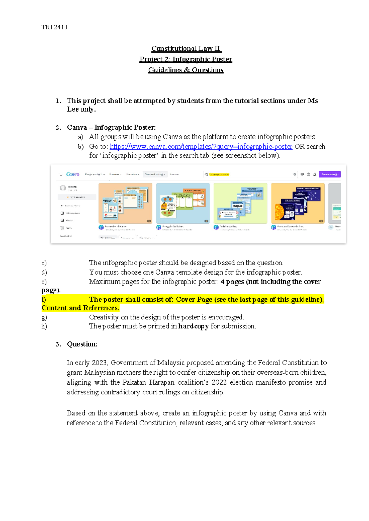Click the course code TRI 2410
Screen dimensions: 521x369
point(54,27)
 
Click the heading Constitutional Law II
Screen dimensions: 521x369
point(186,49)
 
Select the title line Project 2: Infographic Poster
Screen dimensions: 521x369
point(186,59)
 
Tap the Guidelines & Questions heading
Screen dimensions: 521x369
point(186,70)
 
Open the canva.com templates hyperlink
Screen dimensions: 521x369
point(201,147)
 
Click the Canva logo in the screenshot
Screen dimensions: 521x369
point(73,174)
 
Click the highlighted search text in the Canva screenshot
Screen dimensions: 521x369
point(219,174)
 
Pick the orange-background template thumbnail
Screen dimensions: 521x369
point(125,203)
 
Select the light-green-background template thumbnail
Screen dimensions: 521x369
point(240,203)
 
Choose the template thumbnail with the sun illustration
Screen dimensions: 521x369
point(298,203)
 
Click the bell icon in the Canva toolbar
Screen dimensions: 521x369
point(315,174)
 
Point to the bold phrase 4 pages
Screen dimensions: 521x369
point(232,282)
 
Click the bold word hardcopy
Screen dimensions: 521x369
point(193,326)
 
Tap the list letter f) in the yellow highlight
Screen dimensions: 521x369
point(44,300)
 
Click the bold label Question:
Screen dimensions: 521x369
point(82,344)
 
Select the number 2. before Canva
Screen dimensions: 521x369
point(58,127)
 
